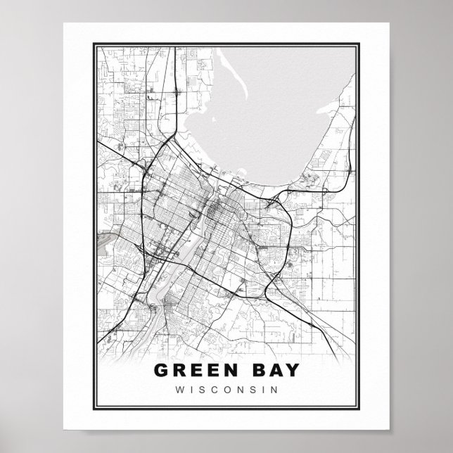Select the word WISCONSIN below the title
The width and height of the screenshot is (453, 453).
(226, 389)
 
